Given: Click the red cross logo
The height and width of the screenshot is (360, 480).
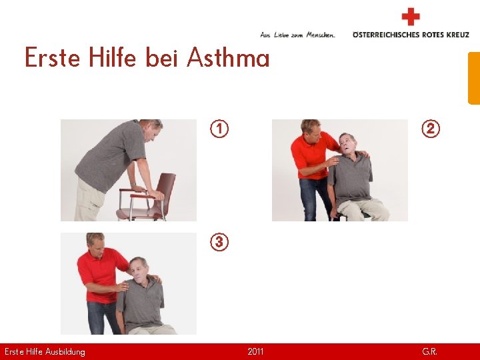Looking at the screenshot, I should tap(411, 16).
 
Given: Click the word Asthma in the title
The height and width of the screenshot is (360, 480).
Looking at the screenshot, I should tap(228, 59).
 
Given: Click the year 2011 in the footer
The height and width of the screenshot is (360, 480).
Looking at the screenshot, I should tap(255, 351).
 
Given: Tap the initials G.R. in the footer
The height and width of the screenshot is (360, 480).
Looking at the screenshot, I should tap(430, 351).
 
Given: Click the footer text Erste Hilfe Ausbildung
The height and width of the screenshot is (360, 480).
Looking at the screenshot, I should tap(45, 351).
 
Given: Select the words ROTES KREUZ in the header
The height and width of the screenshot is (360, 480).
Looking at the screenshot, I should tap(445, 34).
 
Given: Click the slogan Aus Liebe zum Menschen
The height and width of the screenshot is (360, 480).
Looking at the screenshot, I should tap(297, 34).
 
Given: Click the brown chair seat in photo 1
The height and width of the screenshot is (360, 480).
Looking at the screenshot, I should tap(140, 213).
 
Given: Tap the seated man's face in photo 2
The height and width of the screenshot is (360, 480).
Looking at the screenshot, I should tap(347, 143).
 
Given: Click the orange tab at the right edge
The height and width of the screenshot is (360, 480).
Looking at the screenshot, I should tap(474, 78).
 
